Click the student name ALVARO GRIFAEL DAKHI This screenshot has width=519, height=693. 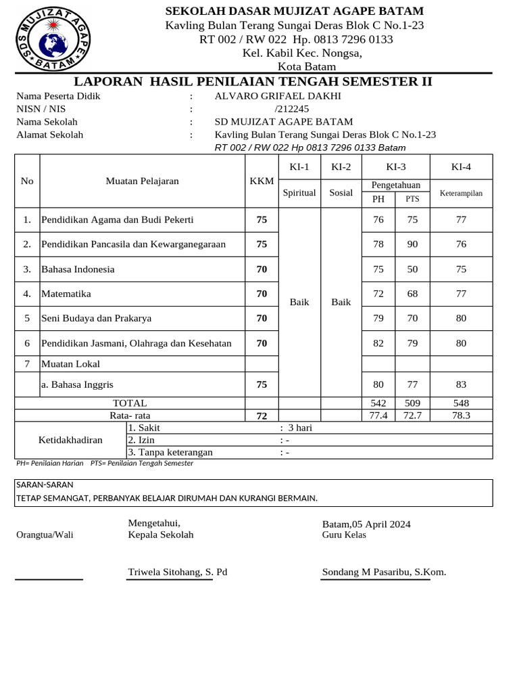[278, 96]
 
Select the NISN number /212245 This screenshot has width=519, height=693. [292, 109]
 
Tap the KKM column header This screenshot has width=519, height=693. [262, 181]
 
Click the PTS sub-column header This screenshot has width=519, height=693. [412, 199]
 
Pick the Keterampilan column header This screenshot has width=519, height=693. [461, 193]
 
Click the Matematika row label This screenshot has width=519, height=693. [66, 294]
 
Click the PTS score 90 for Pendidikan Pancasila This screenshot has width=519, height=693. [412, 244]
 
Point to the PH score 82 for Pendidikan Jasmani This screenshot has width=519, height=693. [378, 343]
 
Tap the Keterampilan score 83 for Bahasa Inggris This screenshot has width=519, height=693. [461, 384]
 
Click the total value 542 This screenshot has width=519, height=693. [378, 403]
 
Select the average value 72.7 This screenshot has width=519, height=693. [412, 415]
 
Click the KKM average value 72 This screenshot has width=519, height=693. [262, 416]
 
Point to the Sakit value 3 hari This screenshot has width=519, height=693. [299, 428]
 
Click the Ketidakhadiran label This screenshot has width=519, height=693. [70, 440]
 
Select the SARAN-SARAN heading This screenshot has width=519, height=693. [45, 485]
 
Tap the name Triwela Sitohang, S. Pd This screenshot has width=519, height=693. [178, 572]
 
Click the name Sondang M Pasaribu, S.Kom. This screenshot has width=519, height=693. [384, 572]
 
